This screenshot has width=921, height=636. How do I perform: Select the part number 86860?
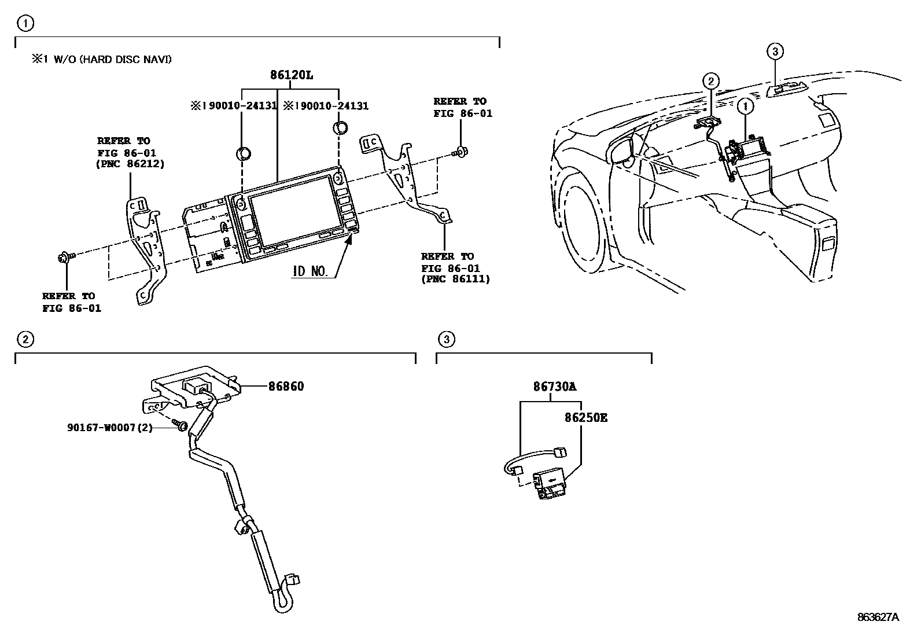(286, 386)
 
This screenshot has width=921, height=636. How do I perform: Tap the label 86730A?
(555, 387)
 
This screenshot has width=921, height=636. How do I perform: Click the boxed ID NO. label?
(311, 271)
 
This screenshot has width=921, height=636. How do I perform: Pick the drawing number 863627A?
(878, 617)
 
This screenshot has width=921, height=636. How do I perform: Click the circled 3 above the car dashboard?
(775, 52)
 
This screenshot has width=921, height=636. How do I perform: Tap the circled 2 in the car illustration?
(712, 82)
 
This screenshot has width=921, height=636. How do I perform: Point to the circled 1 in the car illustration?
(746, 106)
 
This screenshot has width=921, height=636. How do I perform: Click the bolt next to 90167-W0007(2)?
(181, 427)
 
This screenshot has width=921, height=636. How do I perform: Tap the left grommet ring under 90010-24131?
(244, 153)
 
